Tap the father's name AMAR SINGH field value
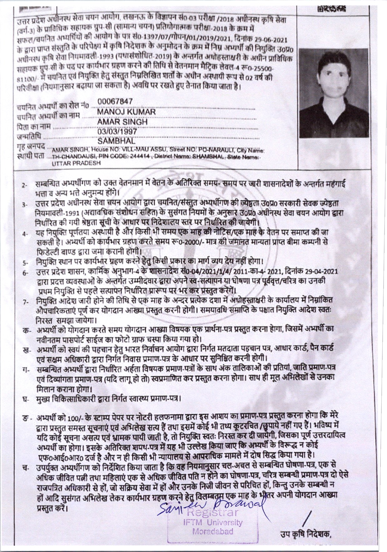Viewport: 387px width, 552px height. click(x=122, y=122)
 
